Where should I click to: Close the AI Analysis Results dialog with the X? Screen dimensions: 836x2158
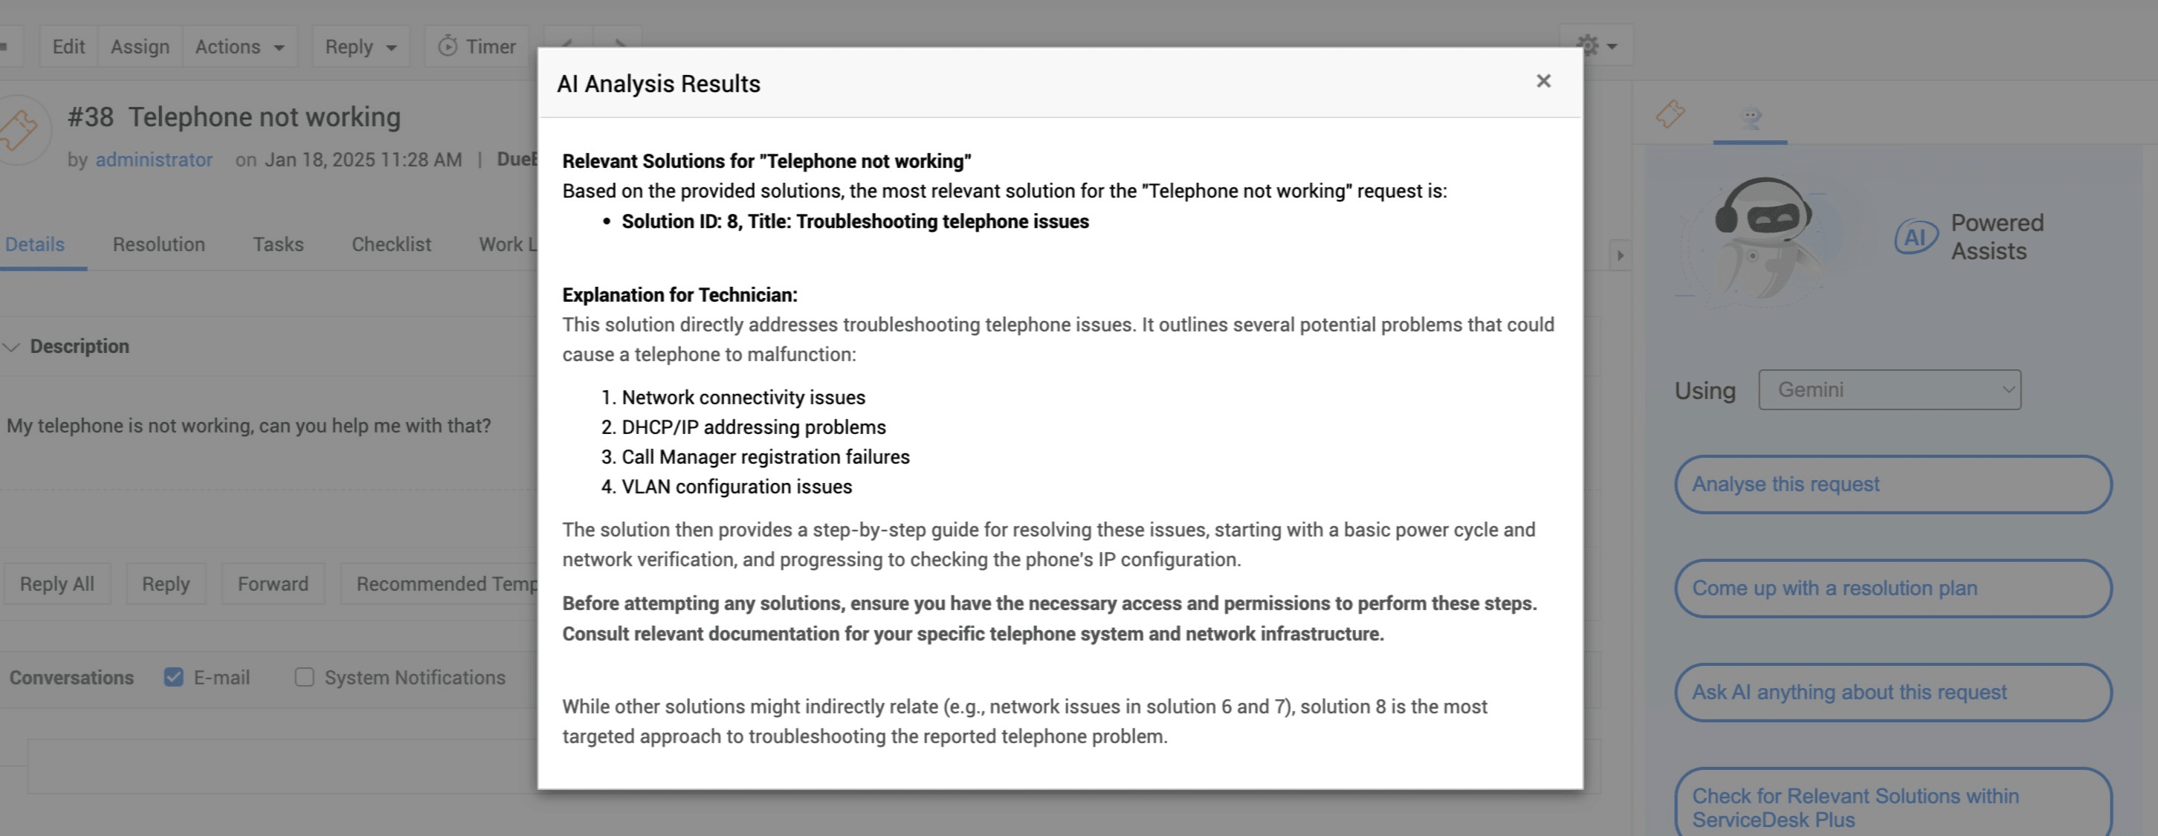tap(1543, 81)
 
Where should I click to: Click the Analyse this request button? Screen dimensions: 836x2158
tap(1893, 485)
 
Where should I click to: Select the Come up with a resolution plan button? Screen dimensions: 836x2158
tap(1893, 588)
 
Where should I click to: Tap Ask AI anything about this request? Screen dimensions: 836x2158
tap(1893, 692)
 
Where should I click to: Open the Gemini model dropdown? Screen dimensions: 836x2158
tap(1889, 389)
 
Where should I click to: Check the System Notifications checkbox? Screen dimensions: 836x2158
tap(304, 677)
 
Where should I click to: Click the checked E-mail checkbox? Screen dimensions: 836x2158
tap(173, 677)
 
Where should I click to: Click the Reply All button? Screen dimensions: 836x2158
tap(57, 584)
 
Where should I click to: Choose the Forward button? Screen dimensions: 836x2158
tap(272, 584)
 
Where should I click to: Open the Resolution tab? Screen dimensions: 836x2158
tap(158, 244)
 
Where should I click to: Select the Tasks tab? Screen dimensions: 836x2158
tap(278, 244)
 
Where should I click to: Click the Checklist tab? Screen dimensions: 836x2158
tap(391, 244)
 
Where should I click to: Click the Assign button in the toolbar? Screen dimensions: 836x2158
tap(140, 47)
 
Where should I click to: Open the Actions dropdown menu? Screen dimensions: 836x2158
tap(239, 47)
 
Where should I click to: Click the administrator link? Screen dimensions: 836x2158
tap(154, 160)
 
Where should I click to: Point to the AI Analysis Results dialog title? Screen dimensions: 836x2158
tap(659, 84)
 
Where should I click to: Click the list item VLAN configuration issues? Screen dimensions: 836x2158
tap(737, 487)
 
